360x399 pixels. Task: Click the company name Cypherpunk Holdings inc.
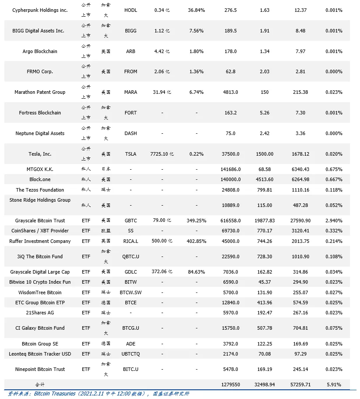coord(40,10)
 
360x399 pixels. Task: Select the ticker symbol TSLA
coord(131,154)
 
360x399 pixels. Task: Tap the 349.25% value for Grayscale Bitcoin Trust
coord(196,221)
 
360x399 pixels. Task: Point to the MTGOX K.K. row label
coord(40,169)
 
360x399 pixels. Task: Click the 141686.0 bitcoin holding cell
coord(230,169)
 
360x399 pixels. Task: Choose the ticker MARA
coord(131,92)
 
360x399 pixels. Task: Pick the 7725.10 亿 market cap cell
coord(162,154)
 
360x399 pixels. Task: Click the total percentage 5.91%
coord(334,385)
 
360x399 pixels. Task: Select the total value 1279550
coord(230,385)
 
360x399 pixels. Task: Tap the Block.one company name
coord(40,179)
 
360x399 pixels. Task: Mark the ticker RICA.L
coord(131,241)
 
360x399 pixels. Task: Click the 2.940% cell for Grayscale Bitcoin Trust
coord(334,221)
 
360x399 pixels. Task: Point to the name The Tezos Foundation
coord(40,190)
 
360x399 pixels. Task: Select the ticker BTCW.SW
coord(131,292)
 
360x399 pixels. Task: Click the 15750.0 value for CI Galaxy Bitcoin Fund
coord(230,328)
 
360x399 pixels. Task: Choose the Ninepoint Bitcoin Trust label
coord(40,369)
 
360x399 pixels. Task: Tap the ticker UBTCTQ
coord(131,354)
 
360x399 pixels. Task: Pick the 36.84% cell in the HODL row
coord(196,10)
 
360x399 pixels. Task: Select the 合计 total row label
coord(40,385)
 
